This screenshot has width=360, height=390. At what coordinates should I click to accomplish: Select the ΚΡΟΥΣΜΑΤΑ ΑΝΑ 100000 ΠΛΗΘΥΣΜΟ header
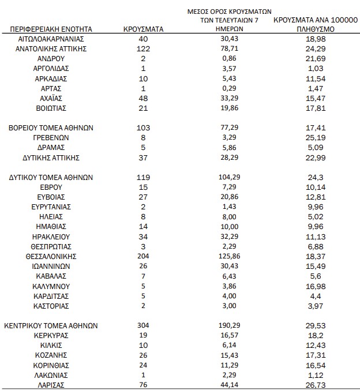coord(313,24)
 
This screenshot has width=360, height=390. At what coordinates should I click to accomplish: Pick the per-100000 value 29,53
coord(313,326)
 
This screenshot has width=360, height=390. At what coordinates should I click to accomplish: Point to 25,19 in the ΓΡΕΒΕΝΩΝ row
coord(313,138)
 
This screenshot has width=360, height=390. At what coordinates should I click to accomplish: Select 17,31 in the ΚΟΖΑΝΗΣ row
coord(313,355)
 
